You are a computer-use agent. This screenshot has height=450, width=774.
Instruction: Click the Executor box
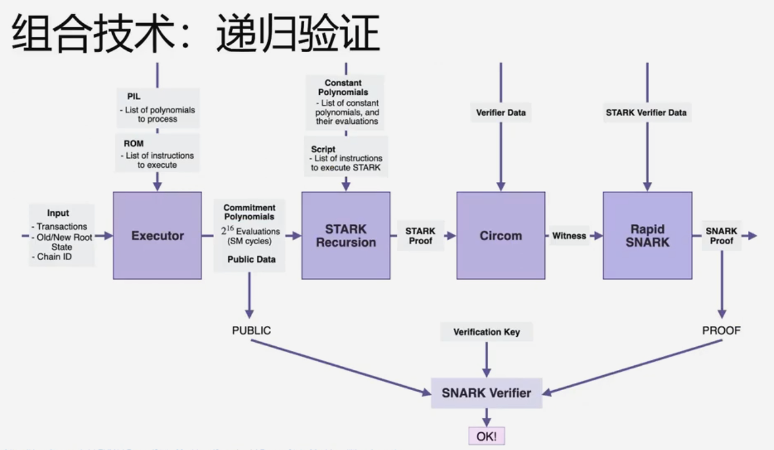[157, 235]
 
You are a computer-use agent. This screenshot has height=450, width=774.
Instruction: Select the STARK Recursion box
[346, 235]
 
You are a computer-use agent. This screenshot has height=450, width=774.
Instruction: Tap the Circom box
[501, 235]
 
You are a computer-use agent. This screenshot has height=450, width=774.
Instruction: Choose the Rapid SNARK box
[647, 235]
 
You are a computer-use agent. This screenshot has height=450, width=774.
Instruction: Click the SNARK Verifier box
[486, 392]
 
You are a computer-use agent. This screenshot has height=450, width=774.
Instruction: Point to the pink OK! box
[486, 437]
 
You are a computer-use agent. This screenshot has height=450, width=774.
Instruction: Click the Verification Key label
[486, 332]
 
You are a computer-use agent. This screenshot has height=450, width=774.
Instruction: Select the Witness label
[569, 235]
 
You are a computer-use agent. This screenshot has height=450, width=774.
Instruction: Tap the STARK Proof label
[421, 235]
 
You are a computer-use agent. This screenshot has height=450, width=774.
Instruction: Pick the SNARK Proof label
[721, 235]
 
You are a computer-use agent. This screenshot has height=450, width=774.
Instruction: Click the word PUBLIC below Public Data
[251, 331]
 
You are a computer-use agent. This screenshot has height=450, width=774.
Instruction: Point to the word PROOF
[721, 331]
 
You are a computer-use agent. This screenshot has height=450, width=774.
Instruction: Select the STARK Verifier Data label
[647, 111]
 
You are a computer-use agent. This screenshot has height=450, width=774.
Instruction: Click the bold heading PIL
[133, 96]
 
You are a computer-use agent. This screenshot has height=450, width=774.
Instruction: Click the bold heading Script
[323, 149]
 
